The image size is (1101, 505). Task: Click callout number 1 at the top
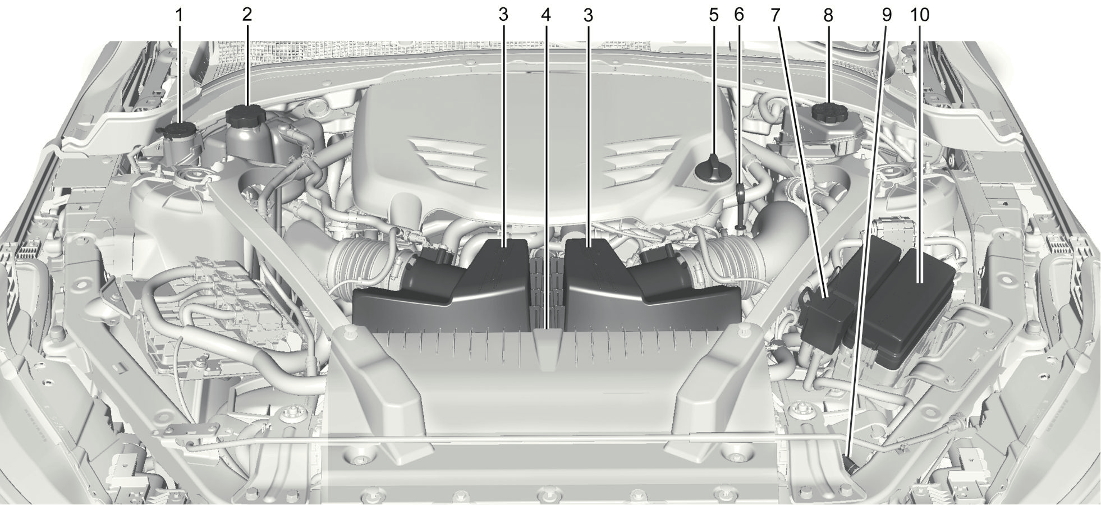(x=180, y=15)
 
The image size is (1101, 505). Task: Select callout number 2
(x=247, y=15)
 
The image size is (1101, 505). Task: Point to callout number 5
(x=714, y=15)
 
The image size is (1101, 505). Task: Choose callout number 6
(x=739, y=15)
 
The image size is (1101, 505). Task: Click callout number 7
(x=776, y=15)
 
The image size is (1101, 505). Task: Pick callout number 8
(x=828, y=15)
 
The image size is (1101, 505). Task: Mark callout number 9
(x=886, y=15)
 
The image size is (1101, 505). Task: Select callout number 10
(x=920, y=15)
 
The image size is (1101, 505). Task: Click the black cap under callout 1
(x=179, y=131)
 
